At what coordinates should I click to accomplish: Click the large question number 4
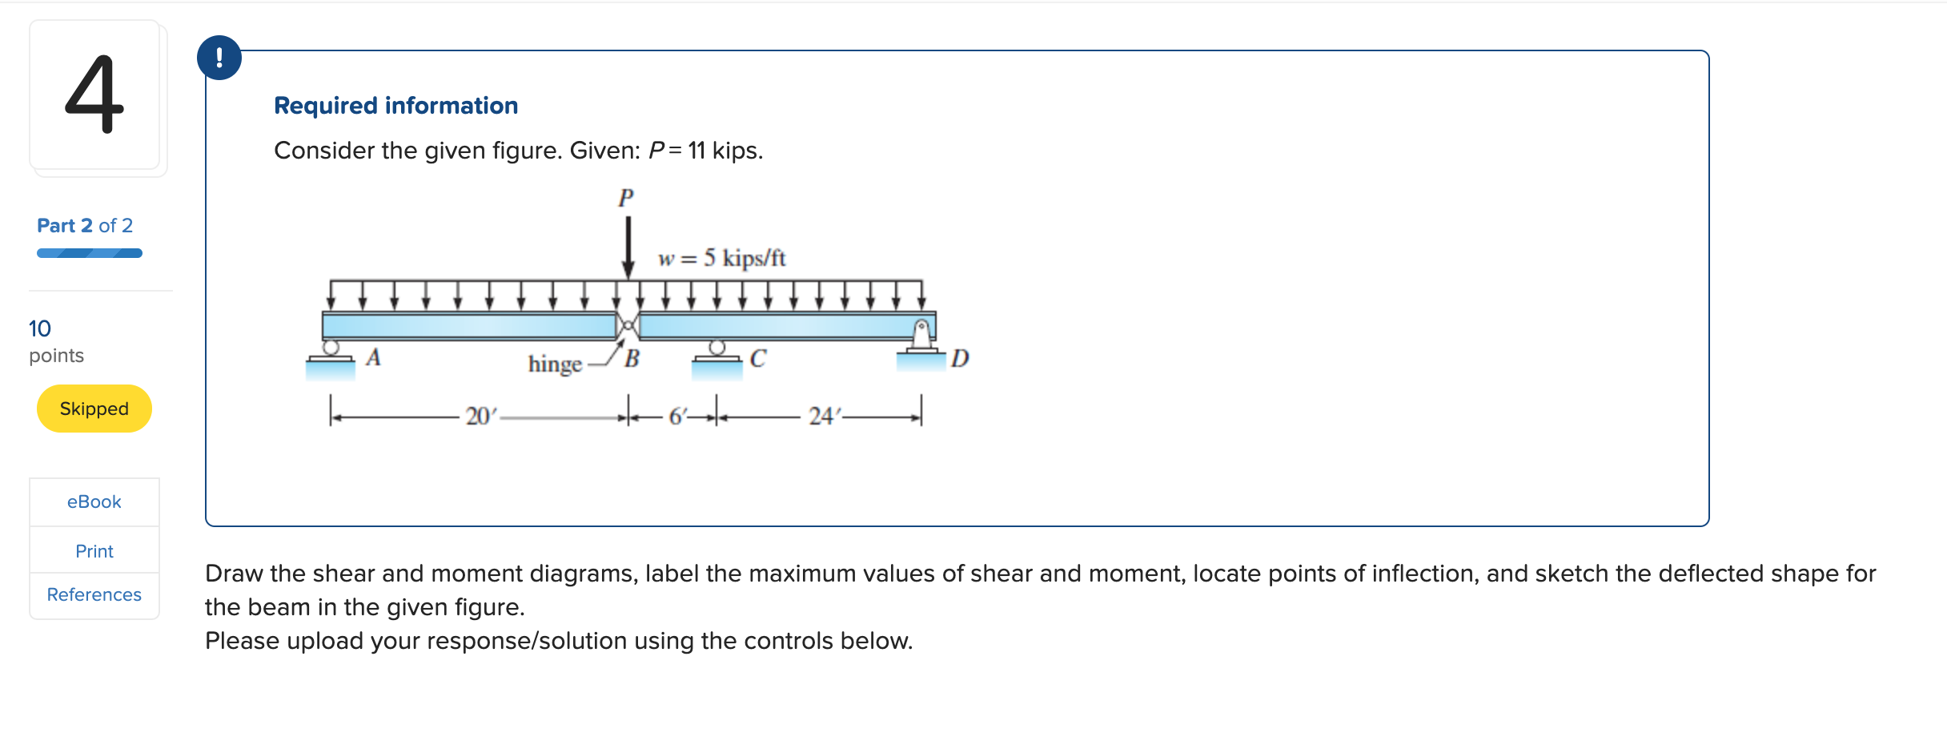pyautogui.click(x=94, y=95)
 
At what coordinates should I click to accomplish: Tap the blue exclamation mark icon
pyautogui.click(x=219, y=58)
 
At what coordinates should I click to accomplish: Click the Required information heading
pyautogui.click(x=395, y=106)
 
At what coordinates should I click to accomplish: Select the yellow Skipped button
pyautogui.click(x=94, y=409)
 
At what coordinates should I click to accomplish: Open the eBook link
pyautogui.click(x=94, y=502)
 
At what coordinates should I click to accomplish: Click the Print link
pyautogui.click(x=94, y=551)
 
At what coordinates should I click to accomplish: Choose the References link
pyautogui.click(x=94, y=594)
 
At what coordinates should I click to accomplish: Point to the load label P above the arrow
pyautogui.click(x=626, y=197)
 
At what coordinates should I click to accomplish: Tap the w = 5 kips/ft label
pyautogui.click(x=721, y=258)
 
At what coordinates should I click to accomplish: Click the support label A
pyautogui.click(x=373, y=357)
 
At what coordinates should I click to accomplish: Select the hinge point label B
pyautogui.click(x=632, y=359)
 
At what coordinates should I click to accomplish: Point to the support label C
pyautogui.click(x=757, y=358)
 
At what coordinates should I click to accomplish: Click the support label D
pyautogui.click(x=960, y=358)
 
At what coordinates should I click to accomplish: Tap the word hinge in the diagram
pyautogui.click(x=555, y=364)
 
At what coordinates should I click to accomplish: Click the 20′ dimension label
pyautogui.click(x=481, y=417)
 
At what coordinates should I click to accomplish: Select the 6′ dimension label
pyautogui.click(x=677, y=417)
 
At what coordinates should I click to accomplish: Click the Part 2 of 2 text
pyautogui.click(x=85, y=226)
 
